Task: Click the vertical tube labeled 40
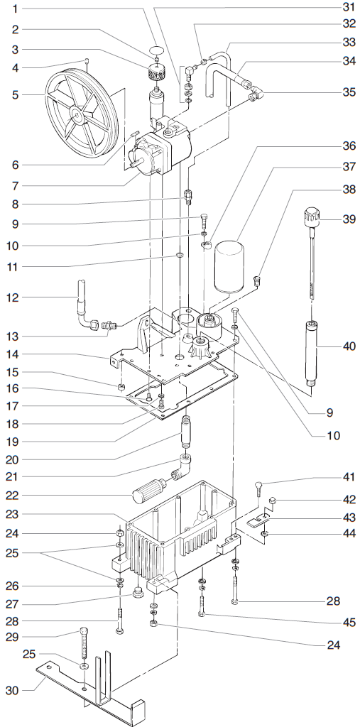coord(310,351)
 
